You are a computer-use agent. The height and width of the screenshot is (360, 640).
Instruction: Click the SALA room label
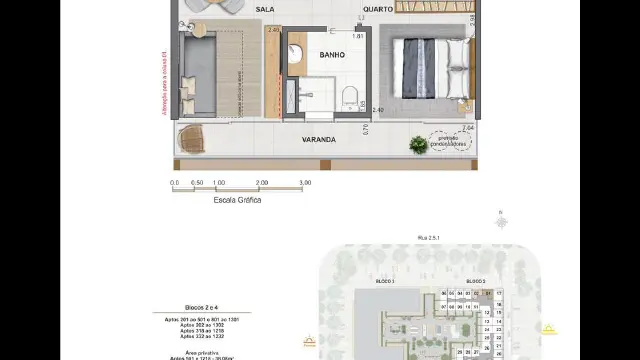(x=265, y=9)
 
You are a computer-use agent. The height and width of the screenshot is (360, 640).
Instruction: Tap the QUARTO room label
(x=350, y=9)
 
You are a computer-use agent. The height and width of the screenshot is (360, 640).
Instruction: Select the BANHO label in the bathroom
(x=333, y=55)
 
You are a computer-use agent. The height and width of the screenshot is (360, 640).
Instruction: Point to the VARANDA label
(x=319, y=140)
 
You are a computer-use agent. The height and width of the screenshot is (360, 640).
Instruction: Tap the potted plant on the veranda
(x=417, y=144)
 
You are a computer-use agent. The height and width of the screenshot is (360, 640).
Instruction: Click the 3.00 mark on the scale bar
(x=305, y=183)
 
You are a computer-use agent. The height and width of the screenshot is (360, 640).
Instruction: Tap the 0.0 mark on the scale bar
(x=175, y=183)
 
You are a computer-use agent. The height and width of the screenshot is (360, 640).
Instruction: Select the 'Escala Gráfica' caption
(x=237, y=200)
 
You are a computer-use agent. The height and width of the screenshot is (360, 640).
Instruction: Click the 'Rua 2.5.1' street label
(x=428, y=236)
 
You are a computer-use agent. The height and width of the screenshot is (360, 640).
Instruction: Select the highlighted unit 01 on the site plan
(x=486, y=293)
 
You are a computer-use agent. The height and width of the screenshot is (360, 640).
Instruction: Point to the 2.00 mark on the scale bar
(x=262, y=183)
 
